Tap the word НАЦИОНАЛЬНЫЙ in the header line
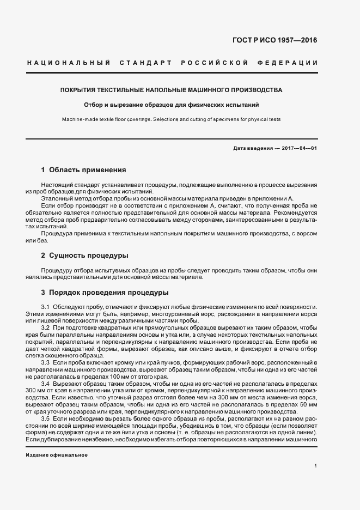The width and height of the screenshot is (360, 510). point(68,63)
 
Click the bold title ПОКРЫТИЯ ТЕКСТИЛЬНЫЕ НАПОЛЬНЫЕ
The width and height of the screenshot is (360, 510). point(172,89)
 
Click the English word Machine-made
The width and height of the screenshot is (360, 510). point(77,119)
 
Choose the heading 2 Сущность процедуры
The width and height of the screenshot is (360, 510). point(86,255)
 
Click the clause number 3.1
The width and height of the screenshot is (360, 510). point(45,307)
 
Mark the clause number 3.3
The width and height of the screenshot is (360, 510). point(45,362)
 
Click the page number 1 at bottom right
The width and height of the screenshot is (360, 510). point(315,465)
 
